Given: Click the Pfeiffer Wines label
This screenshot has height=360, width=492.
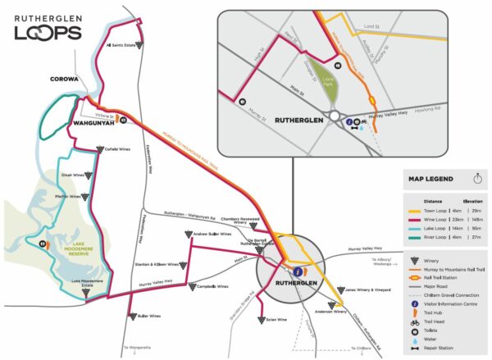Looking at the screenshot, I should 69,196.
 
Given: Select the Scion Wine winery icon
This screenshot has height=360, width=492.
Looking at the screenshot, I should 261,319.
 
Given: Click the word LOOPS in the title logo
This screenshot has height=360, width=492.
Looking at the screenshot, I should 48,33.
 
